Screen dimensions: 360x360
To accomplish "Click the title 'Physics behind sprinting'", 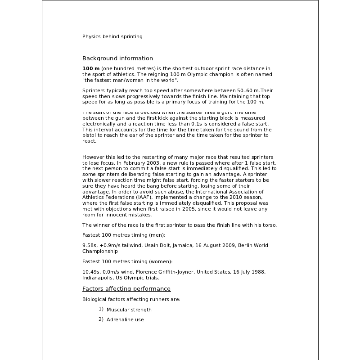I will (112, 36).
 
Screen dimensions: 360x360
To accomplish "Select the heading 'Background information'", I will (117, 58).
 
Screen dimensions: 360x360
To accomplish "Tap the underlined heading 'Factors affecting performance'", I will (126, 289).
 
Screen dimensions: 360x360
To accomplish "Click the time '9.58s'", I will (90, 245).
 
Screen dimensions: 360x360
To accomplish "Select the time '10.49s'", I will (91, 272).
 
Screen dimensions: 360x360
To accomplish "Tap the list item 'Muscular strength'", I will (129, 310).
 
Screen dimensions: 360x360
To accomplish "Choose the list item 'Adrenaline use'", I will (125, 319).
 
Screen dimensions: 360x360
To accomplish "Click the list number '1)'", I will (101, 309).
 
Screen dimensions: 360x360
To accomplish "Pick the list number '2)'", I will (101, 319).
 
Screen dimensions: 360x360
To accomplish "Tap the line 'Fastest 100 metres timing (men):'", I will (124, 235).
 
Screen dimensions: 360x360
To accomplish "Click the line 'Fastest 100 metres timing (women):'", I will (127, 261).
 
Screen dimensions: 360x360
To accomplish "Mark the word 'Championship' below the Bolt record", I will (100, 251).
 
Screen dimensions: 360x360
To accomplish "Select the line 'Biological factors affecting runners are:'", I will (131, 299).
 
